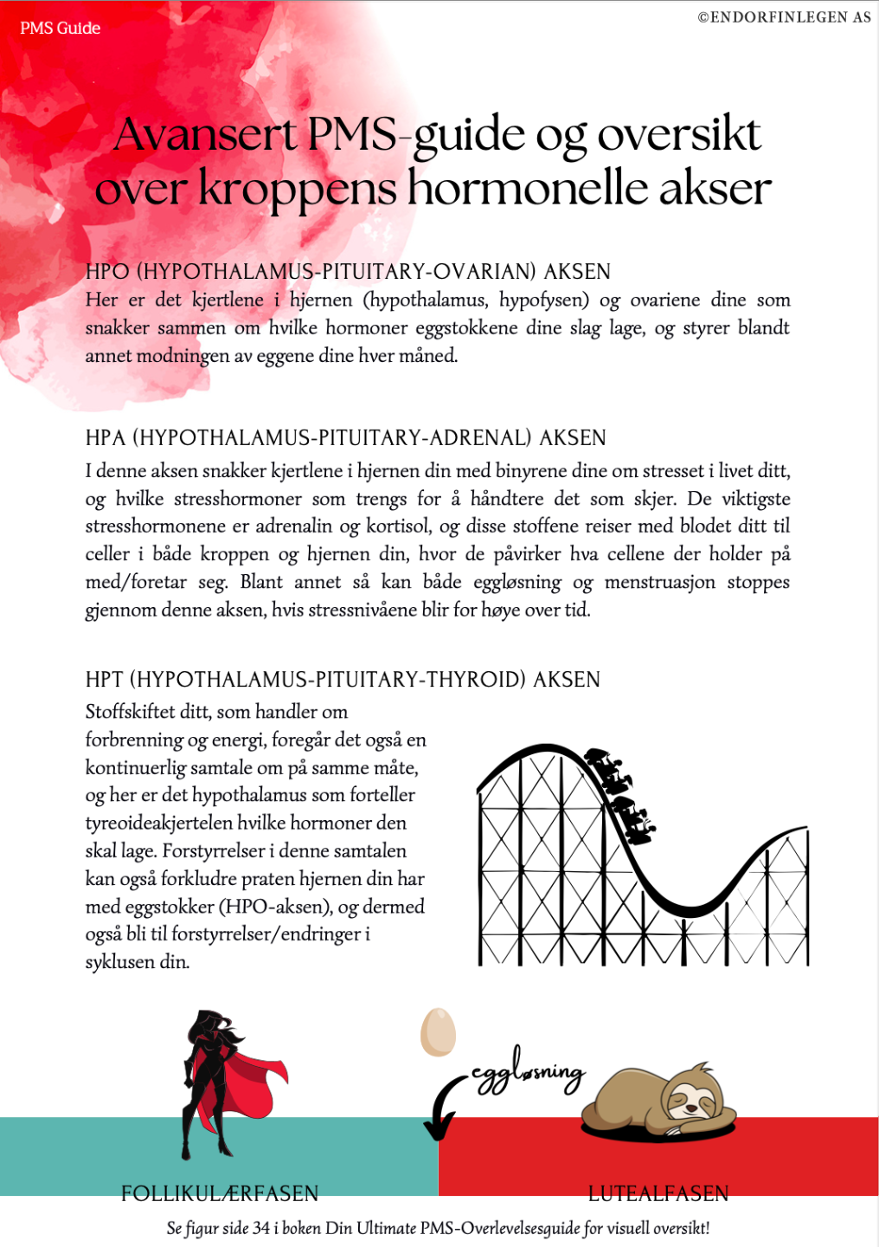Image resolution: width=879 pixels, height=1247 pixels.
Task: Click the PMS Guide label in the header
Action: coord(60,29)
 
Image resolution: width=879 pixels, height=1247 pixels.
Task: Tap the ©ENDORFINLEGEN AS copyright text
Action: coord(784,16)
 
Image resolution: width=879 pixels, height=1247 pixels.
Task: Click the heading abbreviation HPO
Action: coord(107,271)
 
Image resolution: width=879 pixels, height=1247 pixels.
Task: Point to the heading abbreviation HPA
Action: coord(106,437)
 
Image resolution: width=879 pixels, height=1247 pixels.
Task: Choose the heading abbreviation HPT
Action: coord(105,679)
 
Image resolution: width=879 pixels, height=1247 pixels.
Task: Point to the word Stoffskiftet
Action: coord(129,712)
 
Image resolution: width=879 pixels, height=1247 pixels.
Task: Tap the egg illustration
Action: coord(438,1031)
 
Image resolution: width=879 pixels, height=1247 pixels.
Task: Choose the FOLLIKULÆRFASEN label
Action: coord(220,1193)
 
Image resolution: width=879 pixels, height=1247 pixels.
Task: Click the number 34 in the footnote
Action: coord(261,1228)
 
